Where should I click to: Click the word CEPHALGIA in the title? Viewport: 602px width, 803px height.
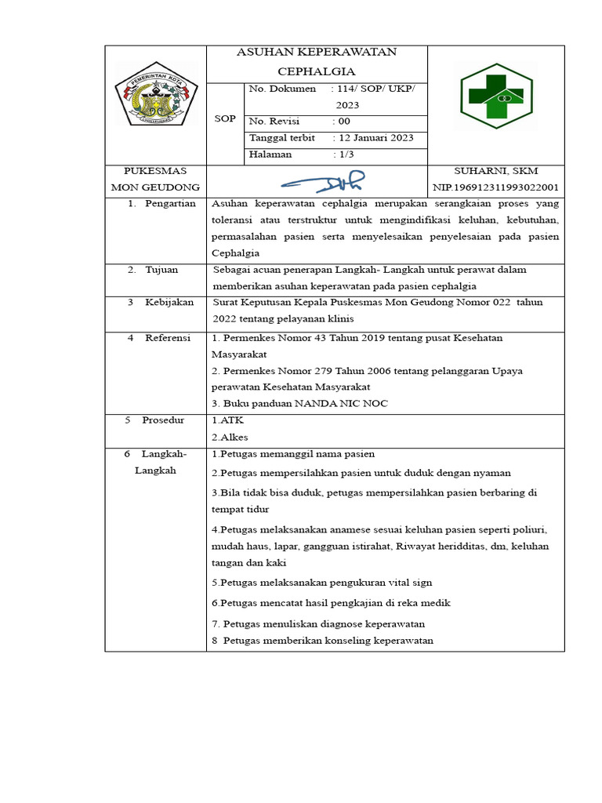[x=317, y=71]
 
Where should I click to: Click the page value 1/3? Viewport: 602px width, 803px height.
[x=346, y=154]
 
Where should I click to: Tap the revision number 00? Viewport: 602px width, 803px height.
[x=344, y=122]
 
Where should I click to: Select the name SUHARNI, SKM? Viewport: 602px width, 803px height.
[x=496, y=170]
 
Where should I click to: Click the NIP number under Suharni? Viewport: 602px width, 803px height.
[x=495, y=187]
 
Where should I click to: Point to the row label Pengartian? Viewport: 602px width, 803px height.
[x=170, y=203]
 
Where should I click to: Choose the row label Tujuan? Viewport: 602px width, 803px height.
[x=161, y=269]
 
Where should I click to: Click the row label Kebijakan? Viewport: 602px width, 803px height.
[x=169, y=302]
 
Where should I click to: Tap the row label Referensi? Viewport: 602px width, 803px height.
[x=168, y=337]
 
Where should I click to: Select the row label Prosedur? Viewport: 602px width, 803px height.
[x=163, y=420]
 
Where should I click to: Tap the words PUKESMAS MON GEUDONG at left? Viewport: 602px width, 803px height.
[x=155, y=179]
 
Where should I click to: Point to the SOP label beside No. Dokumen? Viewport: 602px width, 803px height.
[x=225, y=119]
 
